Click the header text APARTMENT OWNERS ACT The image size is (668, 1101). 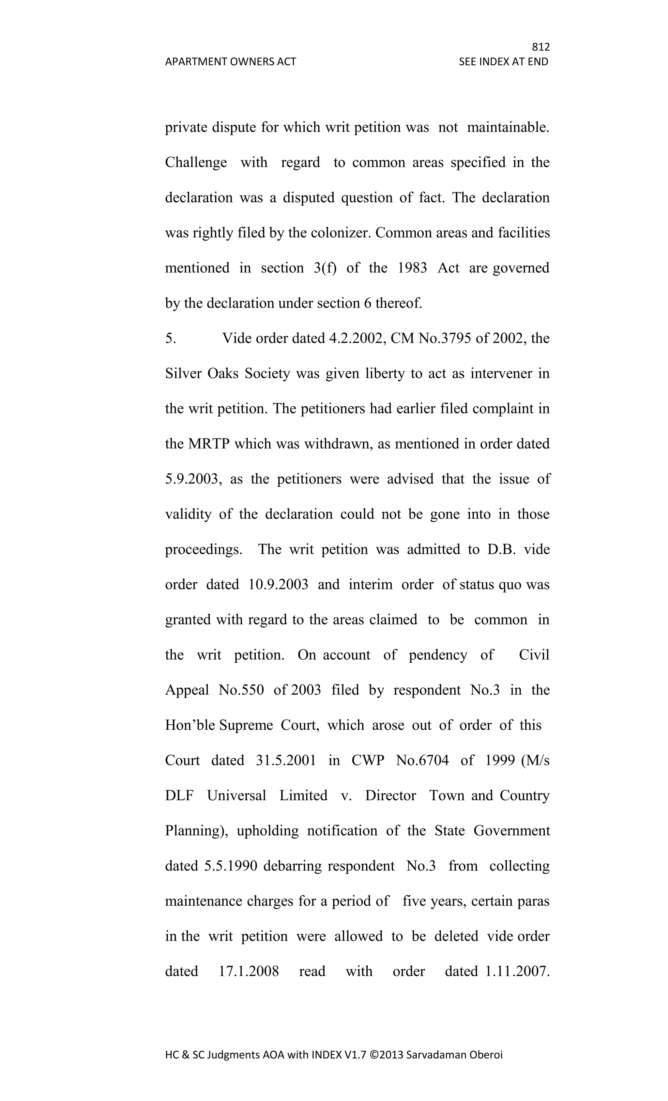[230, 62]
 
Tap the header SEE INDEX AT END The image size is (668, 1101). [503, 62]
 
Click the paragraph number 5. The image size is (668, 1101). [171, 338]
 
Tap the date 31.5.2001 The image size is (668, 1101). [286, 761]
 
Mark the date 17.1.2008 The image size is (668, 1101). [249, 971]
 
